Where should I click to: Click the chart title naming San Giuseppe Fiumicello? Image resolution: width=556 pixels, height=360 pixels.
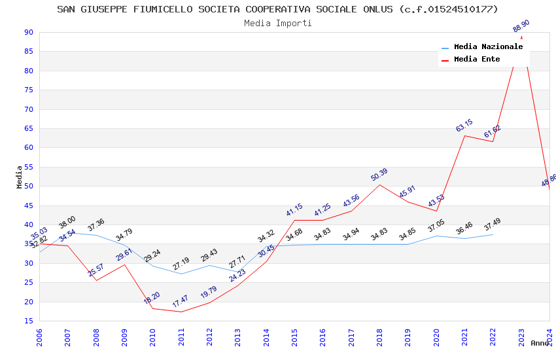pos(277,9)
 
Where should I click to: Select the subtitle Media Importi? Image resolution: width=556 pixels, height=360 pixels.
pos(277,23)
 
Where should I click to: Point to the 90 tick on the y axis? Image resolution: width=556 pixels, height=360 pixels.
pos(28,33)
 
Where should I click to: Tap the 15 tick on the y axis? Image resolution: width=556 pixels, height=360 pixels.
pos(28,321)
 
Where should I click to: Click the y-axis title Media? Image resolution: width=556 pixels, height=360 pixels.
pos(20,177)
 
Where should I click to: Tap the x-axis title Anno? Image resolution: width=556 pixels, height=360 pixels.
pos(540,343)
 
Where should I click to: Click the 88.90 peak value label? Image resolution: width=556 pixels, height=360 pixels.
pos(521,26)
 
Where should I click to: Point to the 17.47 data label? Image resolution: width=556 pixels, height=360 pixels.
pos(180,302)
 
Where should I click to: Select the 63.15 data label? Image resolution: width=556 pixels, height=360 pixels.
pos(464,126)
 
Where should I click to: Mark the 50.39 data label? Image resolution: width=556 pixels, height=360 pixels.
pos(379,175)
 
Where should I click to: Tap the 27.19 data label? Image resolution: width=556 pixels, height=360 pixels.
pos(181,264)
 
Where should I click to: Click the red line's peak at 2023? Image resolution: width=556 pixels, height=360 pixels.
pos(521,37)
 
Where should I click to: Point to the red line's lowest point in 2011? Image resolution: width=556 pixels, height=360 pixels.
pos(181,312)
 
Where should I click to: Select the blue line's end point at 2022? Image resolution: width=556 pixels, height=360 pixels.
pos(493,234)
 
